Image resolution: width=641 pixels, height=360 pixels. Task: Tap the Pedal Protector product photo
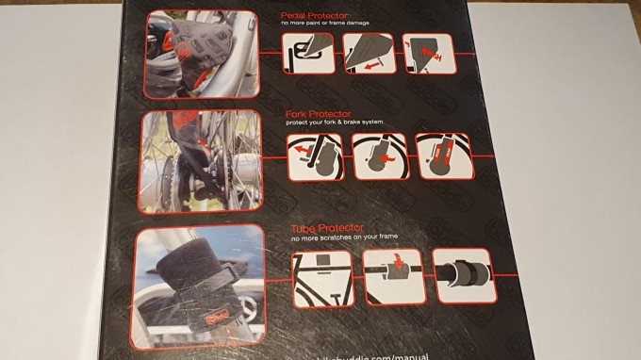(x=203, y=54)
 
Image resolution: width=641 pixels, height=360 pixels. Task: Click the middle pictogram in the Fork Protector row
(x=378, y=156)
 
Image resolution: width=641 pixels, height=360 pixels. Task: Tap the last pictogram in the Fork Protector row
(x=442, y=156)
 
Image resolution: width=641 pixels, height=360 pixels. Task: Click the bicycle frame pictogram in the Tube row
(x=321, y=278)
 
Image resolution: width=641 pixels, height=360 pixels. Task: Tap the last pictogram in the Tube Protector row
(x=463, y=276)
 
